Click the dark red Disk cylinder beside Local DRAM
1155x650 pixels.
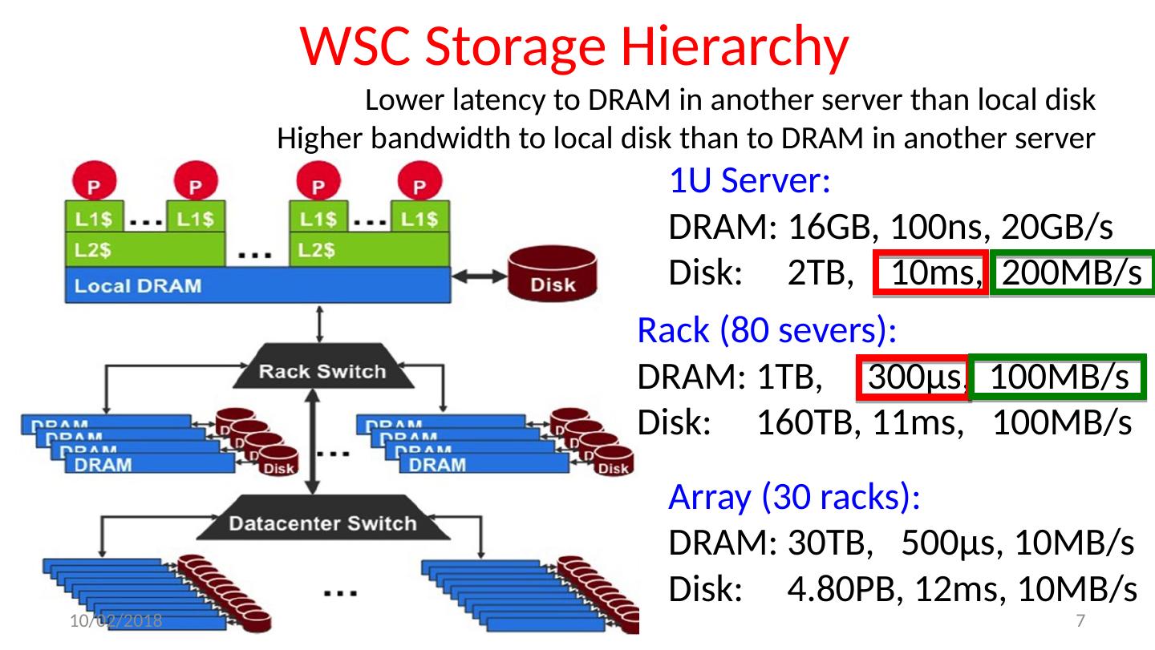(x=553, y=275)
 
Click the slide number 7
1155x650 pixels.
(x=1080, y=620)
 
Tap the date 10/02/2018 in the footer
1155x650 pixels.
(x=114, y=620)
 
